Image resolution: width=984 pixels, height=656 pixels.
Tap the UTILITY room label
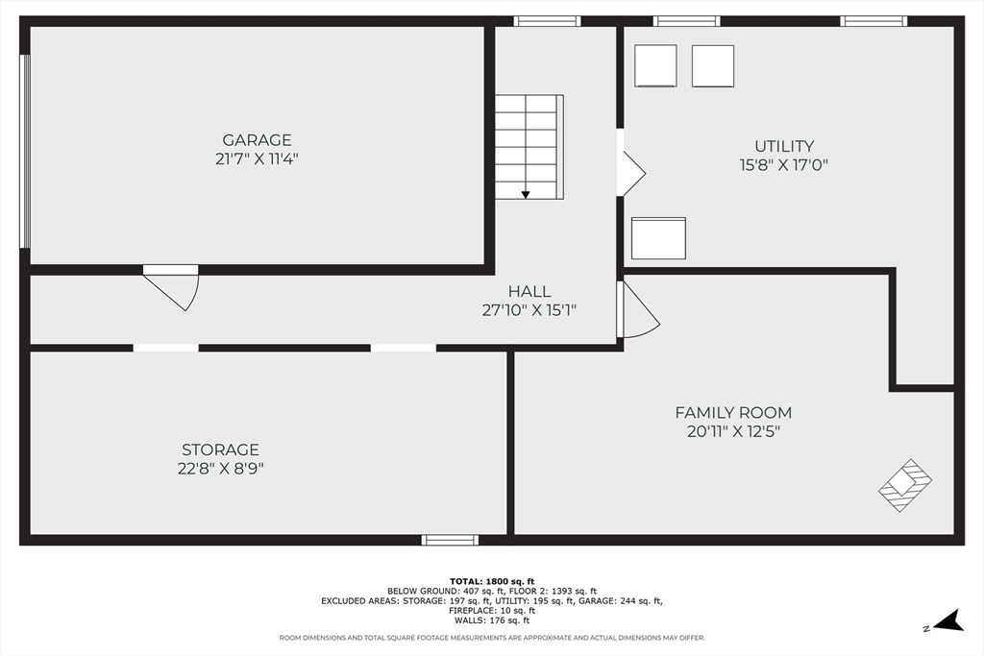tap(784, 146)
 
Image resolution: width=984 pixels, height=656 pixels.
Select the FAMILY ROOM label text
tap(733, 413)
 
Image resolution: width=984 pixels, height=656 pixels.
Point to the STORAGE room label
tap(220, 449)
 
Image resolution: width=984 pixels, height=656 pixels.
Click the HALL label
tap(529, 291)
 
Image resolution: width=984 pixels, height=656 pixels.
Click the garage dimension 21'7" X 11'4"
tap(257, 158)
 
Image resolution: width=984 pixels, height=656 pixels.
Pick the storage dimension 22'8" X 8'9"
tap(220, 469)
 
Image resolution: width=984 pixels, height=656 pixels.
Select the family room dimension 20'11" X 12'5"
tap(733, 431)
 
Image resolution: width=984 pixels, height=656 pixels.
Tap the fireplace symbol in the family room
tap(905, 485)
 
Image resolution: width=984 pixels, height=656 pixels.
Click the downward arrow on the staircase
tap(526, 195)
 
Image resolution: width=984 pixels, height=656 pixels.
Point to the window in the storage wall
tap(450, 540)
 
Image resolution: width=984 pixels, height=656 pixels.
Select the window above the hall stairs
tap(547, 21)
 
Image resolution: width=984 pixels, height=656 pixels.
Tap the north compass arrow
tap(948, 620)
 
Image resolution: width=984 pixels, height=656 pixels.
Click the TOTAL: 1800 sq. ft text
tap(492, 581)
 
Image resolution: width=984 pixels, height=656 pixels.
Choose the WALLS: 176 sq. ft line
tap(492, 620)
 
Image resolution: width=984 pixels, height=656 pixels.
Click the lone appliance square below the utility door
tap(658, 238)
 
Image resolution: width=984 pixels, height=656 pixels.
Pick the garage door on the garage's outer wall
tap(25, 151)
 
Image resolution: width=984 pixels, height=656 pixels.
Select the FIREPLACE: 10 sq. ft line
tap(492, 610)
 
